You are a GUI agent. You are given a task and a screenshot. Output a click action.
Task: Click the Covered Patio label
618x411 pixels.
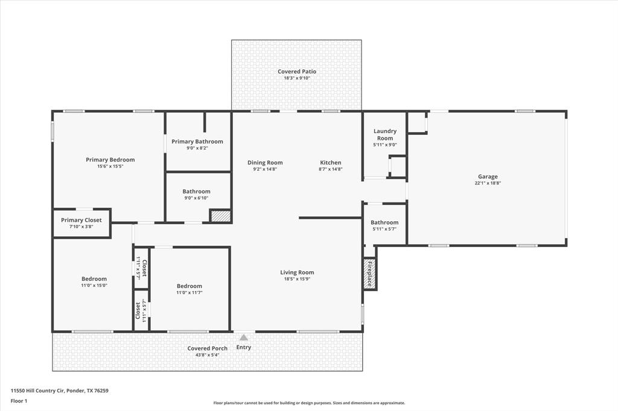(x=297, y=71)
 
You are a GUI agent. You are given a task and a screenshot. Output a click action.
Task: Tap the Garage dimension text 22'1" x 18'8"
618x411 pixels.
(x=488, y=183)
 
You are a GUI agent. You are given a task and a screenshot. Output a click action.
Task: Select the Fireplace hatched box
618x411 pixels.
(x=369, y=274)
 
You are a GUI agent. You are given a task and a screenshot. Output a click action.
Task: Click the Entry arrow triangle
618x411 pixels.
(x=244, y=337)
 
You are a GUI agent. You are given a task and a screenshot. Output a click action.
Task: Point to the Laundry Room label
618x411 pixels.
(x=385, y=134)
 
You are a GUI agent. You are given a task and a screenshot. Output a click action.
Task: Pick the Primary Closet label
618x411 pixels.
(x=81, y=220)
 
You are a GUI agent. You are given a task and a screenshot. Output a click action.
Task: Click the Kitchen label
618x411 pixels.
(x=331, y=163)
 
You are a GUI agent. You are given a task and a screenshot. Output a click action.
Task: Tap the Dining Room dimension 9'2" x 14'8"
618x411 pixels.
(x=265, y=169)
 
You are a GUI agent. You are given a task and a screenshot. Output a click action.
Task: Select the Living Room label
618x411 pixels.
(x=297, y=272)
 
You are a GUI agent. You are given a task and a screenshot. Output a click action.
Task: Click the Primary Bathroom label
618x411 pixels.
(x=197, y=142)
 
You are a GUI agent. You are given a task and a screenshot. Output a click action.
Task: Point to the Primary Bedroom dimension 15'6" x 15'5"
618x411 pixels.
(x=110, y=166)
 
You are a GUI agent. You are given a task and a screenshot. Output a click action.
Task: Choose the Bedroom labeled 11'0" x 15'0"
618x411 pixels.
(x=94, y=279)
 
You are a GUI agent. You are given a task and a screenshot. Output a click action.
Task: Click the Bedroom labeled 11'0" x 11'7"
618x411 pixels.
(x=189, y=286)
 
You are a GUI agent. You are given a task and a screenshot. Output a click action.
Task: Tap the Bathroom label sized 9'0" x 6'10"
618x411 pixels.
(x=196, y=191)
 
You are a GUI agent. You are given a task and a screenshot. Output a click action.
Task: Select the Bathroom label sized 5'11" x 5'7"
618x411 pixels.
(x=384, y=222)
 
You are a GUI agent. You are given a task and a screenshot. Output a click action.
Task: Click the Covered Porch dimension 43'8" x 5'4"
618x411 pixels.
(x=208, y=355)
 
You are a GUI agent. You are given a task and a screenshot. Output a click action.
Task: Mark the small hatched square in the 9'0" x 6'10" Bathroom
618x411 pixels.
(x=220, y=216)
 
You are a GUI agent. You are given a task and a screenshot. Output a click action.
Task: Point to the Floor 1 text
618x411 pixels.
(x=19, y=401)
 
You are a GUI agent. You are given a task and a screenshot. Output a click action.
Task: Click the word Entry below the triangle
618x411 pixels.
(x=244, y=347)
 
